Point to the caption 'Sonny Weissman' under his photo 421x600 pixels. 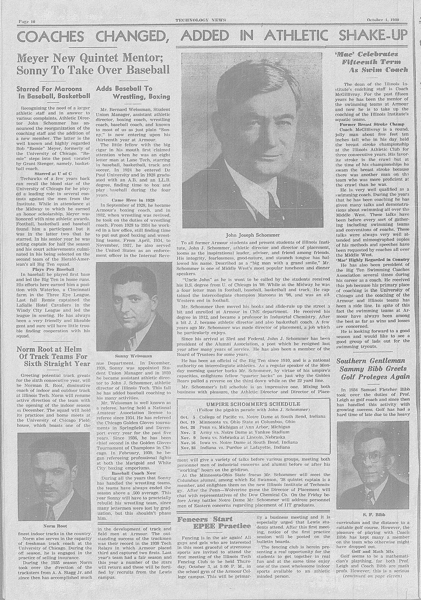[x=134, y=356]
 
